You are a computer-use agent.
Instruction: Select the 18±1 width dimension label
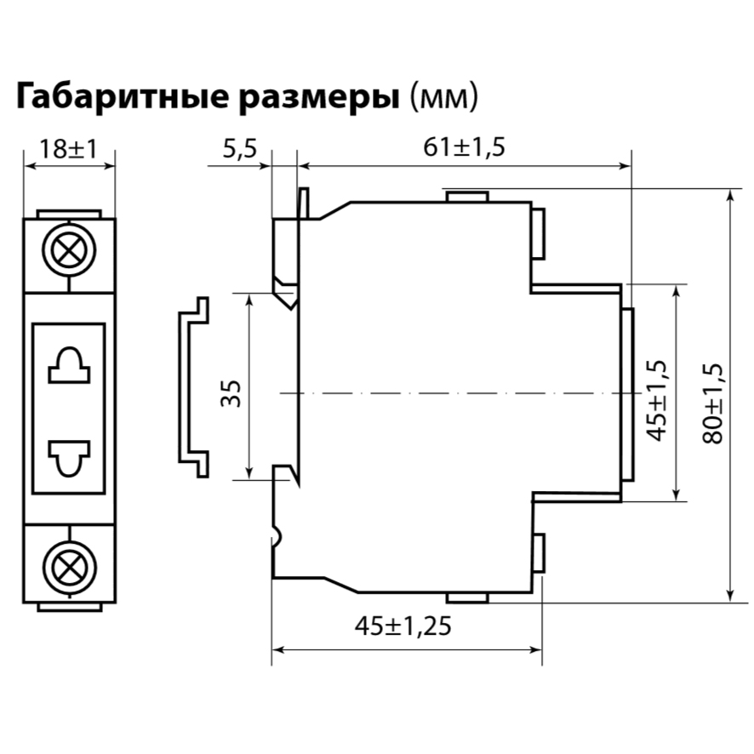[x=69, y=150]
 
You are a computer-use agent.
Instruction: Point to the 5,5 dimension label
[x=239, y=150]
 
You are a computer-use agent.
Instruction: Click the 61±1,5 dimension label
[x=464, y=147]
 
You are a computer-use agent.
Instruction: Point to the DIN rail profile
[x=191, y=387]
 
